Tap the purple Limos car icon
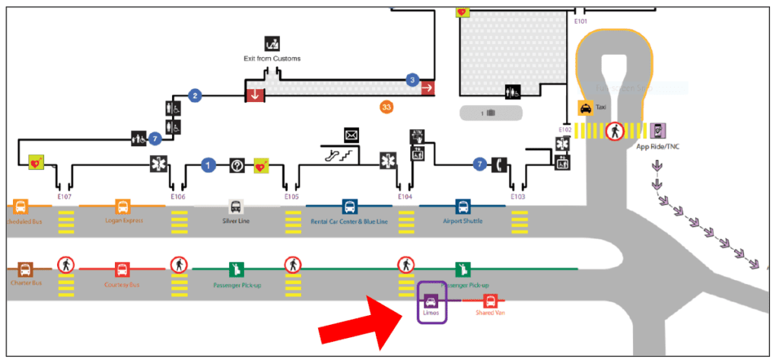pyautogui.click(x=431, y=301)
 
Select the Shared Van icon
pyautogui.click(x=491, y=301)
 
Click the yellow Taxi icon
pyautogui.click(x=585, y=109)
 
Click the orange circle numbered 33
pyautogui.click(x=386, y=107)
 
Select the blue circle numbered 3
pyautogui.click(x=412, y=79)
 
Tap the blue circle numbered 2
pyautogui.click(x=195, y=96)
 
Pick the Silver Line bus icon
pyautogui.click(x=236, y=206)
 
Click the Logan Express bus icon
pyautogui.click(x=122, y=206)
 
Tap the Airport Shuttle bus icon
pyautogui.click(x=463, y=206)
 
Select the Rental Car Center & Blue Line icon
pyautogui.click(x=349, y=206)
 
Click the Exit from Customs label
pyautogui.click(x=272, y=59)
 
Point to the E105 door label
pyautogui.click(x=292, y=196)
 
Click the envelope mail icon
pyautogui.click(x=351, y=135)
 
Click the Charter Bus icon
pyautogui.click(x=25, y=269)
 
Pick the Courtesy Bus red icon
pyautogui.click(x=122, y=269)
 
